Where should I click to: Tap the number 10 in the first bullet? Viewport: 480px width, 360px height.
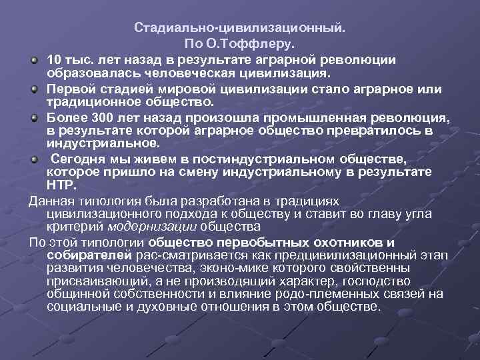54,60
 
